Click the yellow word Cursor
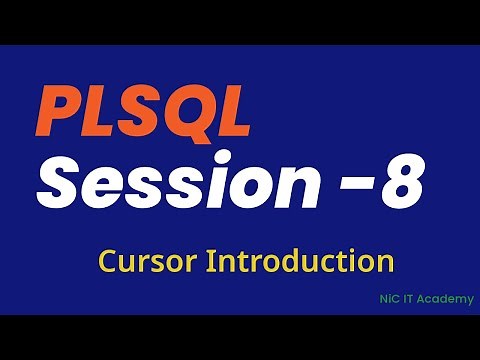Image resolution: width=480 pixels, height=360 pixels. pyautogui.click(x=148, y=262)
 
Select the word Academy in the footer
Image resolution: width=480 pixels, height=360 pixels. pyautogui.click(x=449, y=299)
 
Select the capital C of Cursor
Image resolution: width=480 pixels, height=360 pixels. pyautogui.click(x=108, y=262)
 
